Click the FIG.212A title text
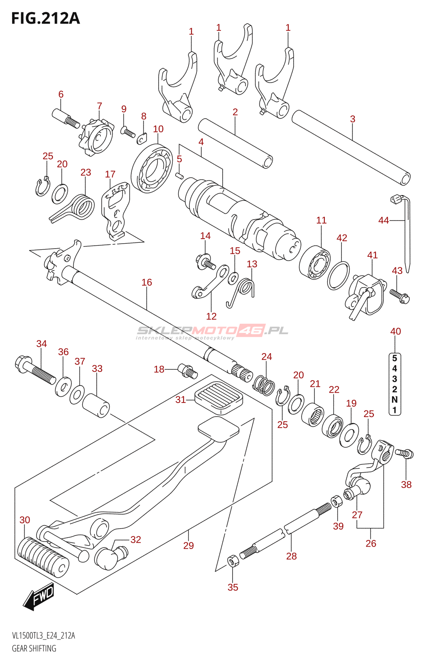45,18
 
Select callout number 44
383,220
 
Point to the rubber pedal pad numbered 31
218,397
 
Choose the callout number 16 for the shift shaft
147,283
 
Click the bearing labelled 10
152,168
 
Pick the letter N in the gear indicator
395,399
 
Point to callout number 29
189,545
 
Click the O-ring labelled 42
338,276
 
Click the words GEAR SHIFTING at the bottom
34,648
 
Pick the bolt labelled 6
65,117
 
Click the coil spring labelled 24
264,385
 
